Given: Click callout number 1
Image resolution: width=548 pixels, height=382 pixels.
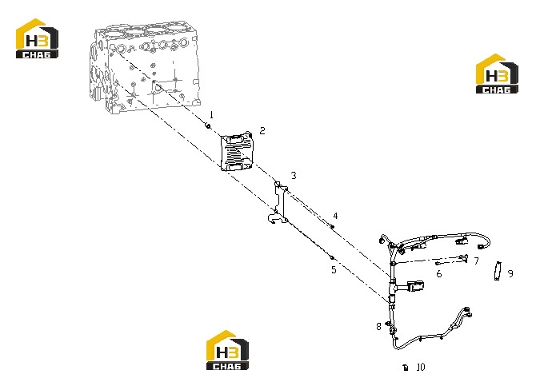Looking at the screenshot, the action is pyautogui.click(x=211, y=114).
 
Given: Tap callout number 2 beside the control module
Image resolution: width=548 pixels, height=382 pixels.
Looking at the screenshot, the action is pyautogui.click(x=262, y=130).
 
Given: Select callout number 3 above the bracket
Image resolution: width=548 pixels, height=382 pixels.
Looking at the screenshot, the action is pyautogui.click(x=294, y=176).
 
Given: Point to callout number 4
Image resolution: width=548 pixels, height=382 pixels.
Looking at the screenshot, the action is pyautogui.click(x=335, y=216).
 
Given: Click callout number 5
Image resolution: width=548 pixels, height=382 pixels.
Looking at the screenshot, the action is pyautogui.click(x=334, y=269).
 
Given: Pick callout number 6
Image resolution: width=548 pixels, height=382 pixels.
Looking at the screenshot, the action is pyautogui.click(x=439, y=274).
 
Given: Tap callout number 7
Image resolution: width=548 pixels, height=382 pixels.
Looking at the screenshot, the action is pyautogui.click(x=476, y=261).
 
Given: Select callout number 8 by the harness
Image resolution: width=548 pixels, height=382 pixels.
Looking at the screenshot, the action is pyautogui.click(x=378, y=327).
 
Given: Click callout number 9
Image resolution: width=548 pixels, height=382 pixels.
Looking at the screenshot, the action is pyautogui.click(x=510, y=274).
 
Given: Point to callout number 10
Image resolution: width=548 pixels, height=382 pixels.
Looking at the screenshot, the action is pyautogui.click(x=421, y=367).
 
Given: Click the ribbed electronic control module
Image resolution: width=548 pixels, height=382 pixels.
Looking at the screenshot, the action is pyautogui.click(x=237, y=153).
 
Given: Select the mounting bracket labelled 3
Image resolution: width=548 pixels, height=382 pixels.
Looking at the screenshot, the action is pyautogui.click(x=278, y=203).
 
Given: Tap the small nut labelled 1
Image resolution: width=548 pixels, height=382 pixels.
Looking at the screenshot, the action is pyautogui.click(x=208, y=125).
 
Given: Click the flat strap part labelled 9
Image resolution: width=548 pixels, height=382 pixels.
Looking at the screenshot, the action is pyautogui.click(x=498, y=271).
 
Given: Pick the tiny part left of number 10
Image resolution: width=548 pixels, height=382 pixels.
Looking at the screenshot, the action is pyautogui.click(x=406, y=368).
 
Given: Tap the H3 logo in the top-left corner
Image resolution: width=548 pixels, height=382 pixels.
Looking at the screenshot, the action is pyautogui.click(x=37, y=38).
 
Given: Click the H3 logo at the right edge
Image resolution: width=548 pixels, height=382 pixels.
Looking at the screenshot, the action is pyautogui.click(x=497, y=74).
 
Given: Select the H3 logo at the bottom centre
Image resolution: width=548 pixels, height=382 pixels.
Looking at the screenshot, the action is pyautogui.click(x=227, y=350).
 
